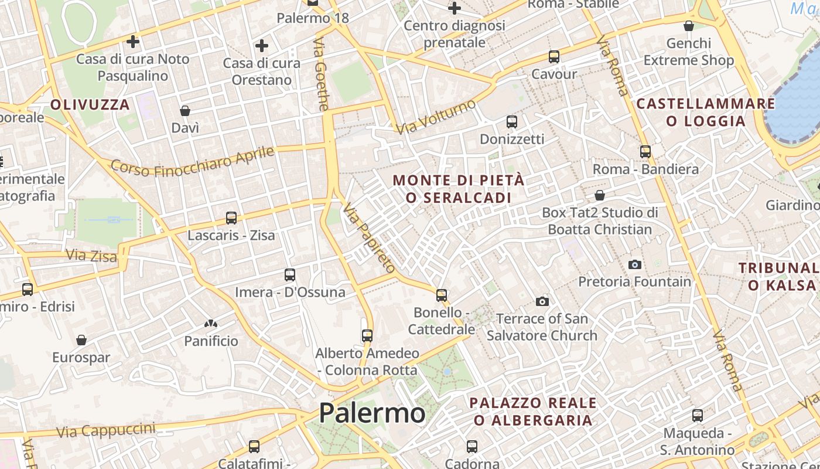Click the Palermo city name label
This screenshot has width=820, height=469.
click(x=372, y=413)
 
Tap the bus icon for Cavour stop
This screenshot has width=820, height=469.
click(x=553, y=57)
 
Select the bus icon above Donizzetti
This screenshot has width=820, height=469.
click(x=511, y=122)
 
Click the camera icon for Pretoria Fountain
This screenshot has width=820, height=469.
click(x=634, y=265)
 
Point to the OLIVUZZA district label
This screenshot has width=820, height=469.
click(x=90, y=105)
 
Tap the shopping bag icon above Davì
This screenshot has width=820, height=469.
click(x=185, y=111)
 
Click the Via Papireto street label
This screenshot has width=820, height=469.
click(x=370, y=238)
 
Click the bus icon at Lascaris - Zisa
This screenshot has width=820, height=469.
click(x=231, y=218)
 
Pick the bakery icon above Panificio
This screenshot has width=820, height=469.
click(x=210, y=324)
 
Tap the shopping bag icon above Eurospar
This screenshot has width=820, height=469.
click(x=81, y=340)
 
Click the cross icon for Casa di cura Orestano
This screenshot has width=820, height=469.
click(x=262, y=46)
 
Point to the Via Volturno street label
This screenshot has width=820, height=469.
click(x=436, y=117)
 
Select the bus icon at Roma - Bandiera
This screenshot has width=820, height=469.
click(x=645, y=152)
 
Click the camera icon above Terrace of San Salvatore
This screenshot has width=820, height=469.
click(x=542, y=302)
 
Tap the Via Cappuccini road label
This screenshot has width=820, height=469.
click(x=106, y=430)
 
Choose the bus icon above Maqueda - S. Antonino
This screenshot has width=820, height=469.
click(x=697, y=416)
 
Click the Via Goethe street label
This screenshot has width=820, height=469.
click(x=322, y=74)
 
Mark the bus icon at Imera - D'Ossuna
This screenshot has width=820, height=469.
click(x=289, y=274)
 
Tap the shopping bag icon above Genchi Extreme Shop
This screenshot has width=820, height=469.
click(x=689, y=26)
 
